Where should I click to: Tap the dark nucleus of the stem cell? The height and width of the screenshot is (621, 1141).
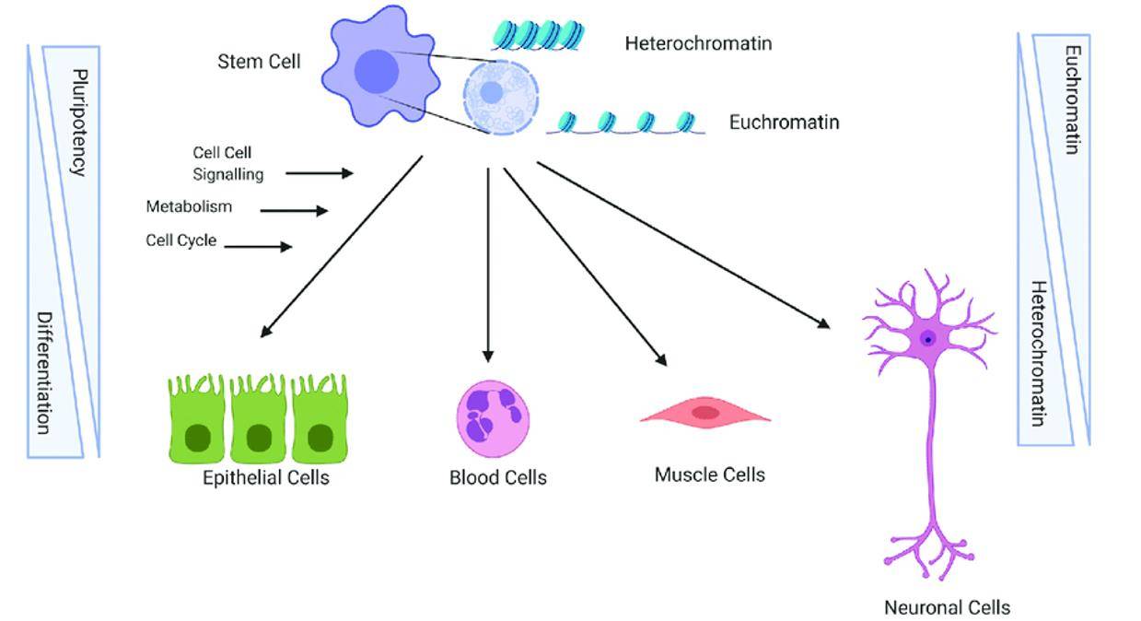point(377,71)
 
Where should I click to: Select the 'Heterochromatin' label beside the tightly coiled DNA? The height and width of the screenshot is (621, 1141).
point(698,43)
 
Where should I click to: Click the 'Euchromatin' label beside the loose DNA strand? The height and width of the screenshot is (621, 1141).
point(784,122)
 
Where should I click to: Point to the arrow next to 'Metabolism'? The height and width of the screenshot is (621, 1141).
point(294,211)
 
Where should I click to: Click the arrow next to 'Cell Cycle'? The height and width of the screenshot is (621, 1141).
point(258,247)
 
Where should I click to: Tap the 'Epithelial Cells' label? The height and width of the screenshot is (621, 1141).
point(265,478)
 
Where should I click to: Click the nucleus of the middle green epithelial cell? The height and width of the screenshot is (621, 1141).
point(258,438)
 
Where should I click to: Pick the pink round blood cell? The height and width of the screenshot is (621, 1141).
point(494,418)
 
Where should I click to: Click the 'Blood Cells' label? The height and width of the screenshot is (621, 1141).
point(497,478)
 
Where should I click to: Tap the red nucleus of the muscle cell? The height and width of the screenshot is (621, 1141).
point(705,413)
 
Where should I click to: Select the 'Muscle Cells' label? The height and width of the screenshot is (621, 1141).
point(709,475)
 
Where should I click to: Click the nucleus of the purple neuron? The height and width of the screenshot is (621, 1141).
point(928,339)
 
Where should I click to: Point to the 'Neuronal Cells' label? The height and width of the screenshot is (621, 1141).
point(947,608)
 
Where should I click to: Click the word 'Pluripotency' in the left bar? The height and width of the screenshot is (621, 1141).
point(79,122)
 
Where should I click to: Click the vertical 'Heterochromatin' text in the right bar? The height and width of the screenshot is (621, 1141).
point(1038,353)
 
